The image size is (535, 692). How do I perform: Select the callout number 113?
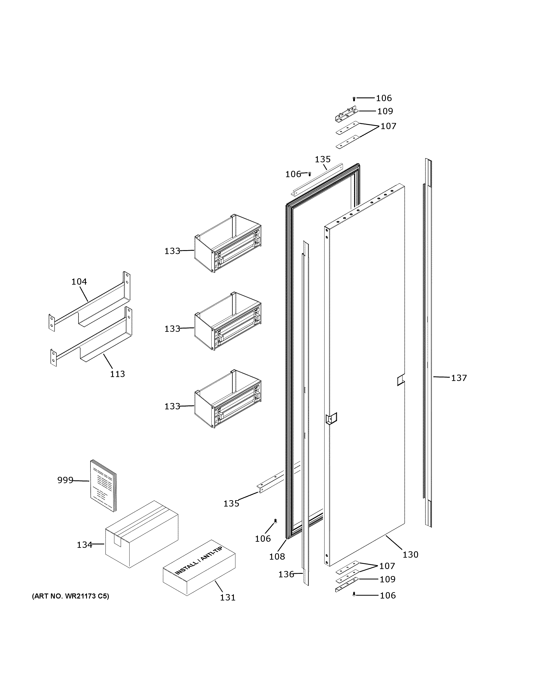pyautogui.click(x=117, y=374)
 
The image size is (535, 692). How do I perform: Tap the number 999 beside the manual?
pyautogui.click(x=65, y=480)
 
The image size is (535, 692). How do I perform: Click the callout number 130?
pyautogui.click(x=410, y=554)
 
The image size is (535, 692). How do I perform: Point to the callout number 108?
pyautogui.click(x=277, y=556)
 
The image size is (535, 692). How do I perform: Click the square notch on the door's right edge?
pyautogui.click(x=401, y=380)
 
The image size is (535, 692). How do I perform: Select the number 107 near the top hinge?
pyautogui.click(x=388, y=126)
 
